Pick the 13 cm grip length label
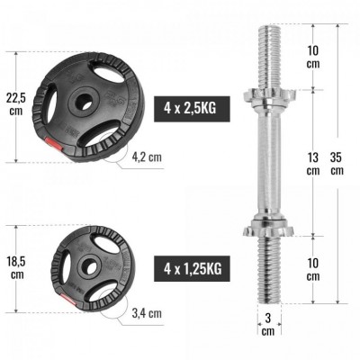click(x=312, y=165)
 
